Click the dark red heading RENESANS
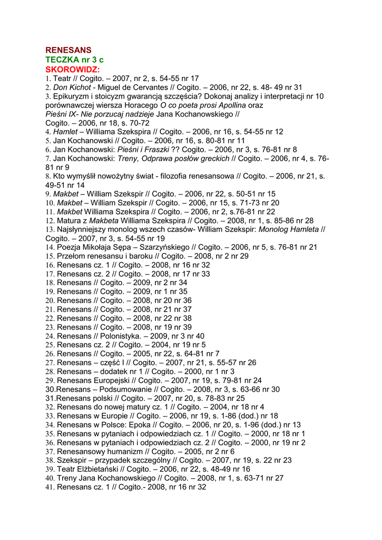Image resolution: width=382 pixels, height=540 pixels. click(68, 51)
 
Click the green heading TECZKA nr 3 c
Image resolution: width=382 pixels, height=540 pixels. click(74, 60)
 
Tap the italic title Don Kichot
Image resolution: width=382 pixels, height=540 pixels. click(71, 87)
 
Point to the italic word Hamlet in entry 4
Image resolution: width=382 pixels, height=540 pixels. click(65, 132)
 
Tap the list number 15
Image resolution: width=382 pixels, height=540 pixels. click(50, 256)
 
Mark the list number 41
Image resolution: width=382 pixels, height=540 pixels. click(50, 487)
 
